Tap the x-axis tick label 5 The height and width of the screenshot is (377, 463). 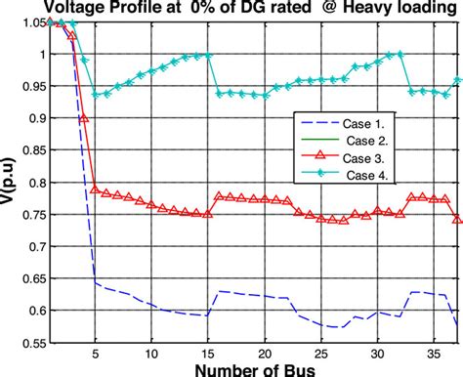[95, 355]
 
